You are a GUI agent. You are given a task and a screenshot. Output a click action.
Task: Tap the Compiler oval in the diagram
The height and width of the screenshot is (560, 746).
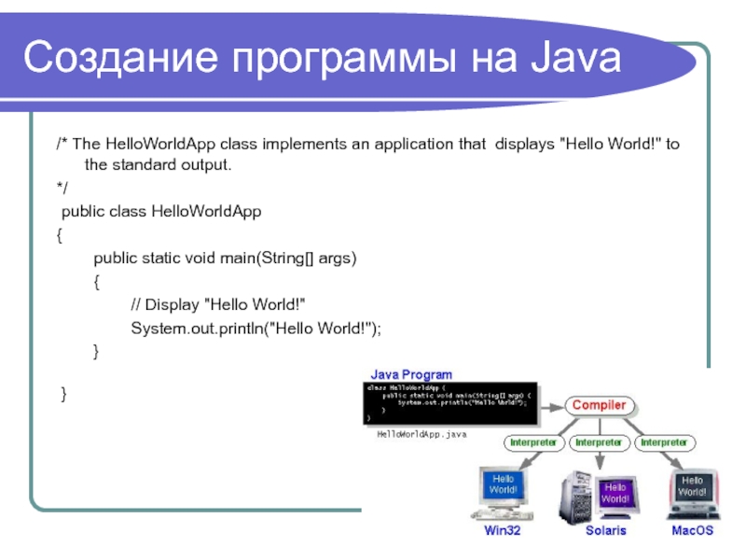coord(599,406)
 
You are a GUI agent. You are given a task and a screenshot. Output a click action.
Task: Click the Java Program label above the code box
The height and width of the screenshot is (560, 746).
coord(412,375)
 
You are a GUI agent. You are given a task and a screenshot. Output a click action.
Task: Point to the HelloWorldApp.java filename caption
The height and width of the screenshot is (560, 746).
coord(421,435)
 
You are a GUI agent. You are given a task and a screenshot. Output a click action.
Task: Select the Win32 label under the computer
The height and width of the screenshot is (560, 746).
coord(503,530)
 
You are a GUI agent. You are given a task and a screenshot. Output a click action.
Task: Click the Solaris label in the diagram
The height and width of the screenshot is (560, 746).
coord(605,530)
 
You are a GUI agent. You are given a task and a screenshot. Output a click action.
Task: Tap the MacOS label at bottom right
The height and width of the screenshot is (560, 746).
coord(692,530)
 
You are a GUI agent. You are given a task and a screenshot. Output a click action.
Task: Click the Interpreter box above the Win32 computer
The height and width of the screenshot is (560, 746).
coord(532,441)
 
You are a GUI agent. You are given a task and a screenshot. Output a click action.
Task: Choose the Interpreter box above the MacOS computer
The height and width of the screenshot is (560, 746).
coord(663,441)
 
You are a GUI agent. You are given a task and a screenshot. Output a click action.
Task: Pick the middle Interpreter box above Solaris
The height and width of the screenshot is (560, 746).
coord(598,441)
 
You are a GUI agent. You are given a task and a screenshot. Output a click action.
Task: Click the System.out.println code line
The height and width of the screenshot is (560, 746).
coord(256,328)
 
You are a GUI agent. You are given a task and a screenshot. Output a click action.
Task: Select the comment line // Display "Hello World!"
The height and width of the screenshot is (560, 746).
coord(218,305)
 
